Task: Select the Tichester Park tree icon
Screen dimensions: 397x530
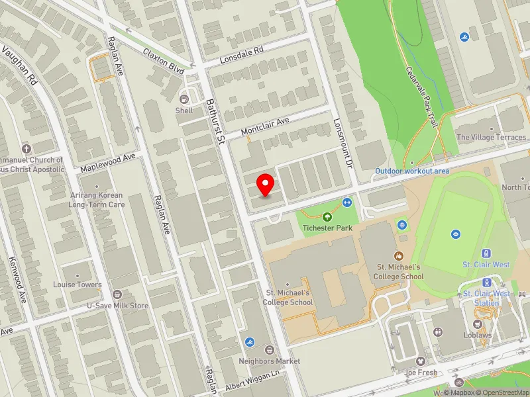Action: pos(327,217)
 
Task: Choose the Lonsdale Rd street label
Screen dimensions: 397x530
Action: pos(242,54)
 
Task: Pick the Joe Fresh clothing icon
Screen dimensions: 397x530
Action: pos(421,361)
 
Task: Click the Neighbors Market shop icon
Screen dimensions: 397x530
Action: pos(270,349)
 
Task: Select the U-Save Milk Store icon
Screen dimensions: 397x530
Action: pos(117,294)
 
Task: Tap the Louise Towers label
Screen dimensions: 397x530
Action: pos(78,285)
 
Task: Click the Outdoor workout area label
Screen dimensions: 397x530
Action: pos(412,171)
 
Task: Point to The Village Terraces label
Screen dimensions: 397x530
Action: pos(492,138)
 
